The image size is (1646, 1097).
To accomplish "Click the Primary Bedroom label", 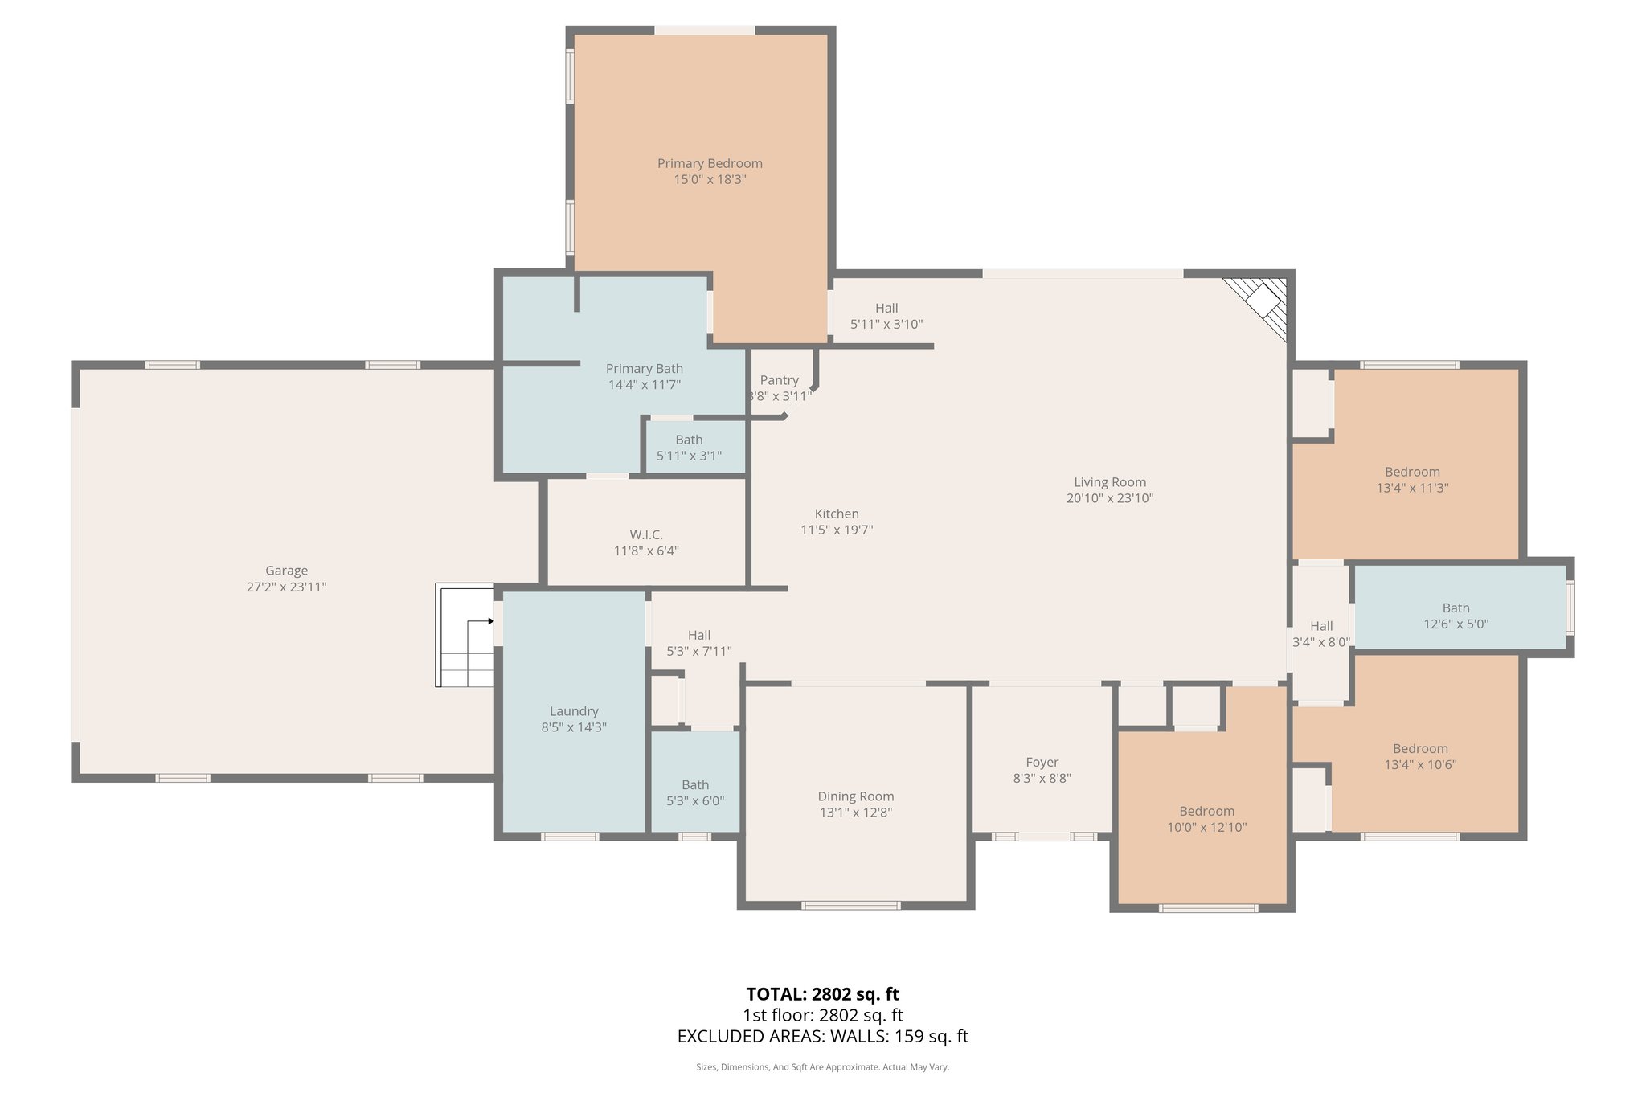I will click(710, 163).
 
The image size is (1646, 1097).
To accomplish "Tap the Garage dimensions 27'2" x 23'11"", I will click(286, 587).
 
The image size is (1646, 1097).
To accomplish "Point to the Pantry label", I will click(779, 380).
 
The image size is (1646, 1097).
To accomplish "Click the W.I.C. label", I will click(646, 534).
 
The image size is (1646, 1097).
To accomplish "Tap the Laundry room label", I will click(574, 711).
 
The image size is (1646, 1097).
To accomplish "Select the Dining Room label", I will click(855, 796).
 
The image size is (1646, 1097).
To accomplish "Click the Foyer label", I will click(1042, 762).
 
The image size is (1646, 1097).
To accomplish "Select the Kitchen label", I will click(837, 514).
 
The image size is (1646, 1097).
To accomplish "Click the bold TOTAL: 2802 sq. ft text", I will click(822, 994).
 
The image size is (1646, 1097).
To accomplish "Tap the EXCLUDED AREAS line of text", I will click(822, 1036).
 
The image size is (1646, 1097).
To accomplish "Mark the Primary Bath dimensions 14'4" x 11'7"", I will click(645, 385).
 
